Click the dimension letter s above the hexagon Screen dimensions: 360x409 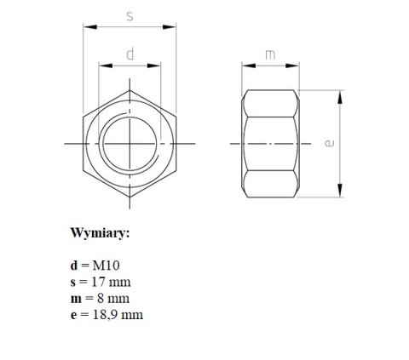point(129,16)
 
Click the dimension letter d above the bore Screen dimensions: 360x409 point(130,54)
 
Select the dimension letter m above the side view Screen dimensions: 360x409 point(270,54)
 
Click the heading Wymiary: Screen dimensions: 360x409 point(101,231)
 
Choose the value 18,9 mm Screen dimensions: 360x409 point(117,315)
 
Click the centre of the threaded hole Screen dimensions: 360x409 point(130,143)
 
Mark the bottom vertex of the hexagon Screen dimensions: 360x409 point(130,198)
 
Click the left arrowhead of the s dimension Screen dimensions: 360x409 point(86,27)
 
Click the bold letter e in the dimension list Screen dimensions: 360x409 point(75,315)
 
